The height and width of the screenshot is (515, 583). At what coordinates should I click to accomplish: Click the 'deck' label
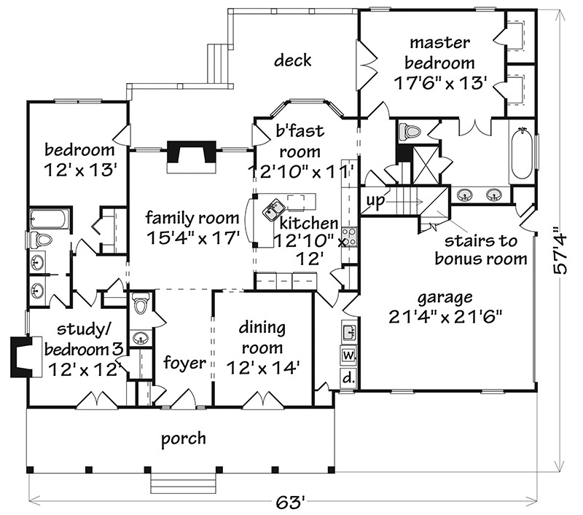point(293,60)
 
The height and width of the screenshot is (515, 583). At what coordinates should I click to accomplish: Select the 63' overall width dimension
point(290,503)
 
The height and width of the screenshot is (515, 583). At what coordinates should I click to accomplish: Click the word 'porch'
point(184,439)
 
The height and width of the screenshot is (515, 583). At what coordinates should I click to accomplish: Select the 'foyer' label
point(184,362)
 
